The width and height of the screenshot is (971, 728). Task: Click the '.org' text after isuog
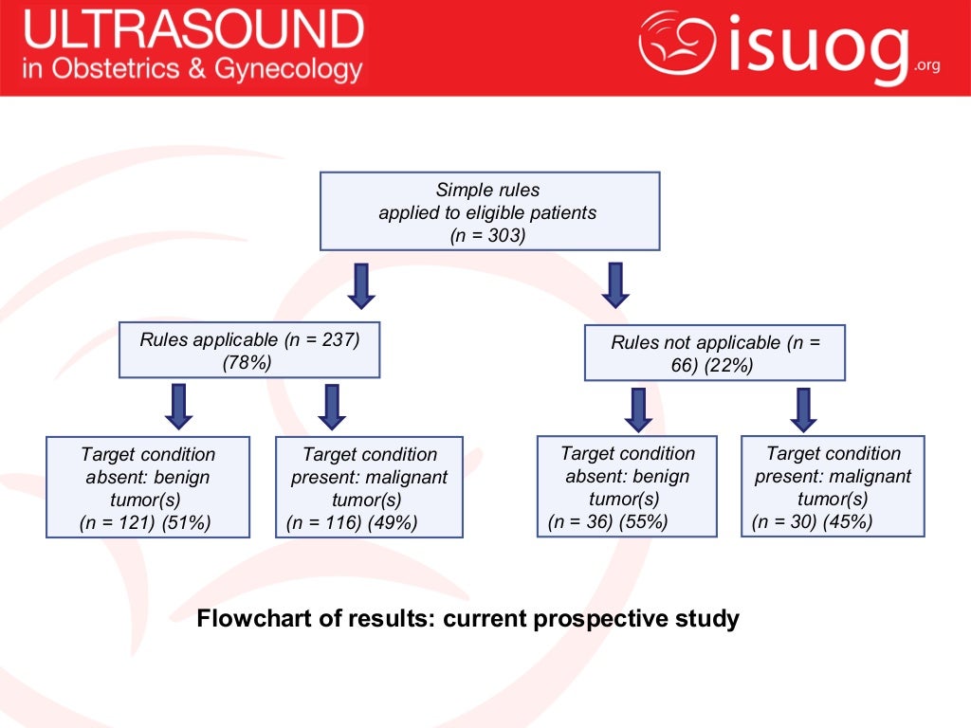point(926,66)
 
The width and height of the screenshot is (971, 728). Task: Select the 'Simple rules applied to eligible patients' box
point(489,211)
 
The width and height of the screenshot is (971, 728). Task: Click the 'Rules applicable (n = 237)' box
point(249,351)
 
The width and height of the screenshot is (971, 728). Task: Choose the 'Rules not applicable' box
point(714,354)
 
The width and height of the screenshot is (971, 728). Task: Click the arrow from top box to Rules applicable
point(360,286)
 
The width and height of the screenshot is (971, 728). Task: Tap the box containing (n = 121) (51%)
point(148,487)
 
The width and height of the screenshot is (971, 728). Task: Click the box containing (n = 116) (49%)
point(369,487)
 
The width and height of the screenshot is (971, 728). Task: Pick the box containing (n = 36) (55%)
point(627,486)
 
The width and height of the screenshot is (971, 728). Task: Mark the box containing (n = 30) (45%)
point(832,486)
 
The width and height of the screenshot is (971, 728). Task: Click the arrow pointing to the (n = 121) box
point(178,407)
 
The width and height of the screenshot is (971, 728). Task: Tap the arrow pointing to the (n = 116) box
point(331,407)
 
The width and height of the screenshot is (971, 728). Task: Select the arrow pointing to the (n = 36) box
point(639,409)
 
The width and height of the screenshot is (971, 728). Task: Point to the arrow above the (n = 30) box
point(803,409)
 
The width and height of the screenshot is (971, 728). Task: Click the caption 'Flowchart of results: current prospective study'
point(467,620)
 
